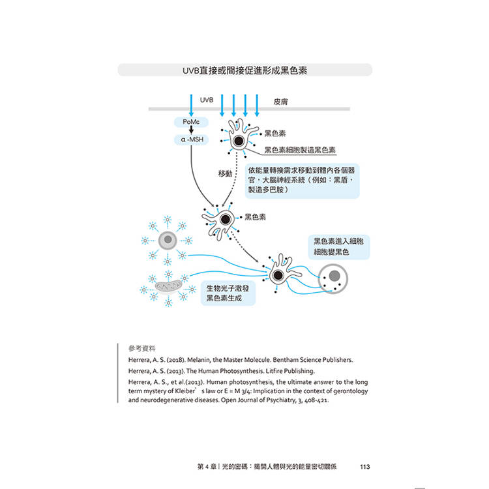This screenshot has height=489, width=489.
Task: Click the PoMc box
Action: point(191,122)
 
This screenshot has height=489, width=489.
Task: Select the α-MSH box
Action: point(191,140)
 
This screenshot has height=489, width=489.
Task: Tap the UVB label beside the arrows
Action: point(207,100)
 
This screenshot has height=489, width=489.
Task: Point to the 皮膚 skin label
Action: point(280,101)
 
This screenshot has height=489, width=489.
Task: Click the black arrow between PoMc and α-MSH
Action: point(191,130)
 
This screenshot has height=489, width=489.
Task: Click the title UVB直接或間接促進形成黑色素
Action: point(244,70)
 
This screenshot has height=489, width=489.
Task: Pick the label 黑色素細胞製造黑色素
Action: point(300,150)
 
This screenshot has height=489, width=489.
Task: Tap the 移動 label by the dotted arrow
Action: point(225,173)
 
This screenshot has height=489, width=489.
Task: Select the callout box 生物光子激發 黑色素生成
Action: point(228,293)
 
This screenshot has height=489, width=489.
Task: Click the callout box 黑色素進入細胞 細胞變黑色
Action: point(338,246)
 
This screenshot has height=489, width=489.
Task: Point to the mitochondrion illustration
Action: point(168,286)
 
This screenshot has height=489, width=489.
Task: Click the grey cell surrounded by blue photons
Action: point(168,240)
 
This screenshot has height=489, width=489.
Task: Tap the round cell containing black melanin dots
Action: point(333,278)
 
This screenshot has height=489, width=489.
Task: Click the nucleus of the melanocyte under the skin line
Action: point(239,141)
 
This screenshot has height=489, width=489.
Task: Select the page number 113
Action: point(365,467)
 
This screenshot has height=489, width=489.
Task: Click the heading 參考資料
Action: point(141,348)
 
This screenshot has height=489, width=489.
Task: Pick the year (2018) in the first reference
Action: point(176,359)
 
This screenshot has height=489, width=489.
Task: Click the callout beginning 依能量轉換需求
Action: point(302,181)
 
